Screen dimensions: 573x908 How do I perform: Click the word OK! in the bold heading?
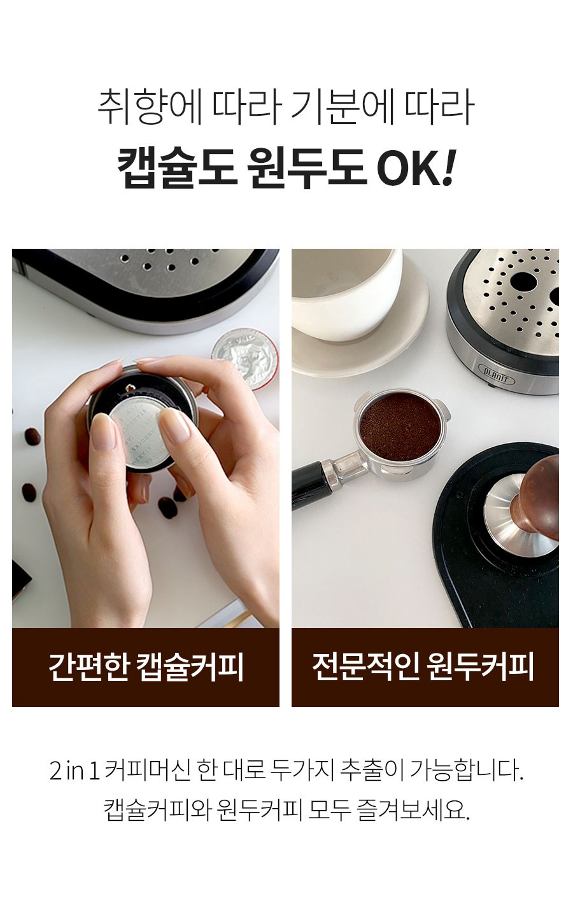(417, 167)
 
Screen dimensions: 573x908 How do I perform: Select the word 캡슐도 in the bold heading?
(178, 168)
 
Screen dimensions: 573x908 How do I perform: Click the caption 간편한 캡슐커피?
(146, 666)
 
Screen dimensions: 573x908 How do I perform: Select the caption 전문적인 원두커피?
(423, 666)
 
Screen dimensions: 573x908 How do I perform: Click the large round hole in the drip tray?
(523, 281)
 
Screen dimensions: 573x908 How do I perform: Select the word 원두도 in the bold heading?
(307, 168)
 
